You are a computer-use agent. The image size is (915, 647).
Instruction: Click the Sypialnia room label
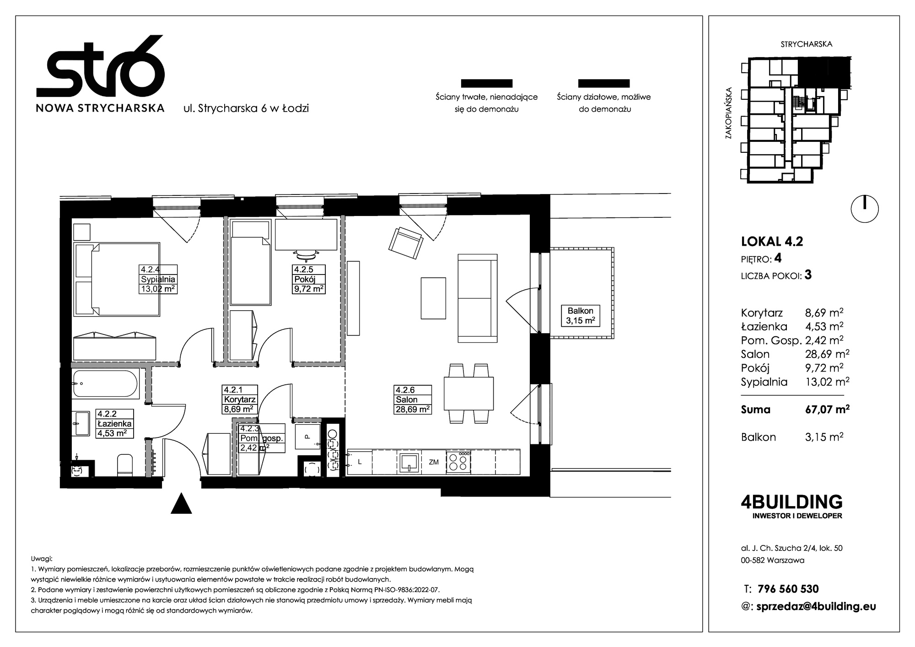pyautogui.click(x=158, y=279)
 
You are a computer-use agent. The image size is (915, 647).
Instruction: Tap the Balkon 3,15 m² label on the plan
pyautogui.click(x=581, y=315)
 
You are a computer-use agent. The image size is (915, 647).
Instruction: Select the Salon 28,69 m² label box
pyautogui.click(x=413, y=399)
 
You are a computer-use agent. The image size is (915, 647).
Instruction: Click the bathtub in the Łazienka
pyautogui.click(x=105, y=384)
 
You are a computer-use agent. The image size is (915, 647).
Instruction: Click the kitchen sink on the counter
pyautogui.click(x=409, y=462)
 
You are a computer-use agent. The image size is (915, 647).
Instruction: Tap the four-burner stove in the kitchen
pyautogui.click(x=458, y=462)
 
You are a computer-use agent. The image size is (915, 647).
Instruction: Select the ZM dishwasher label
pyautogui.click(x=433, y=462)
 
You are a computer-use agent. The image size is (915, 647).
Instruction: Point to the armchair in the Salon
pyautogui.click(x=405, y=243)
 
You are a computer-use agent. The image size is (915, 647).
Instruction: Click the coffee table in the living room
pyautogui.click(x=433, y=298)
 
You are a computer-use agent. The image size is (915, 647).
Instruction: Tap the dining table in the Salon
pyautogui.click(x=468, y=394)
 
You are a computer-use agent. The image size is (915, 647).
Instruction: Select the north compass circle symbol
pyautogui.click(x=865, y=209)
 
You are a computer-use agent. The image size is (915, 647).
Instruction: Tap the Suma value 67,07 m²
pyautogui.click(x=827, y=410)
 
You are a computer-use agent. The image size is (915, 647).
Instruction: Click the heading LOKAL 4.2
pyautogui.click(x=772, y=241)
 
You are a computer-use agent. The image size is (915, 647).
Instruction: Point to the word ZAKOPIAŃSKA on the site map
pyautogui.click(x=728, y=113)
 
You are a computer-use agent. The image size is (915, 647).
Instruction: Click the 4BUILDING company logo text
pyautogui.click(x=791, y=502)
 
